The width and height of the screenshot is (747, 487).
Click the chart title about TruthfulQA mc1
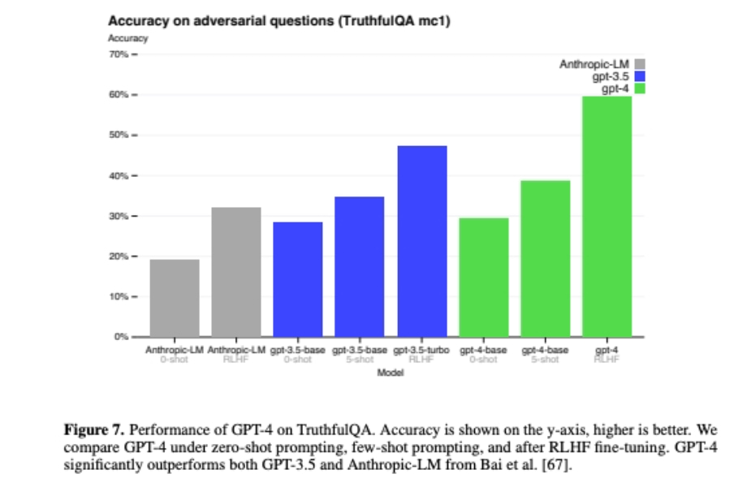click(x=279, y=20)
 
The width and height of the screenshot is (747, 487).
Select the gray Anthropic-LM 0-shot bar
click(x=175, y=297)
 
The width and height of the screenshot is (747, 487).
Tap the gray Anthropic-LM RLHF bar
click(x=236, y=271)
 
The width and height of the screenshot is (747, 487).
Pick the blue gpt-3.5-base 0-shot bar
click(x=298, y=278)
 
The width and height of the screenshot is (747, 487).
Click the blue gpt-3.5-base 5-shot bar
click(x=360, y=266)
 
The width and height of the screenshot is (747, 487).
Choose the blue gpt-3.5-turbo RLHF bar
click(x=422, y=240)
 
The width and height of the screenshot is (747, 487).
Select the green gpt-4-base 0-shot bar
click(x=484, y=277)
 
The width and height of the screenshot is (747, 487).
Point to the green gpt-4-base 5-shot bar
click(x=546, y=258)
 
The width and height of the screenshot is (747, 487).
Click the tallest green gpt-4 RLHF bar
click(x=607, y=216)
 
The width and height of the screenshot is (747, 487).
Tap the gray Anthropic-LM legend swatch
click(x=640, y=64)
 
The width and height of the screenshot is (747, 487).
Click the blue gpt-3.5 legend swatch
click(x=640, y=76)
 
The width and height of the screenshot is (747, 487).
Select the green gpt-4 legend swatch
click(x=640, y=88)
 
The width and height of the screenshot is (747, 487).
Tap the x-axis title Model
click(x=391, y=373)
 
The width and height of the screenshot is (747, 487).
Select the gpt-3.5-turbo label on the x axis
click(x=421, y=350)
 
